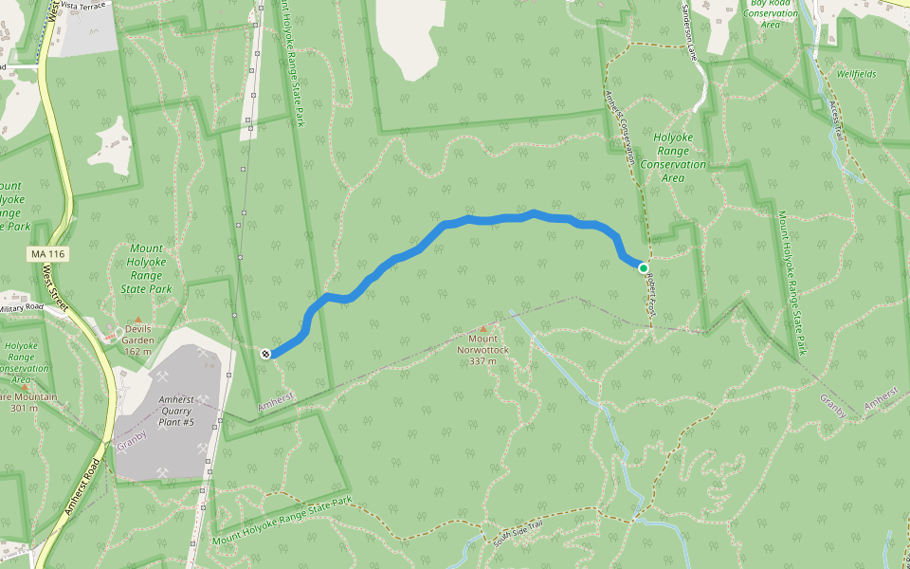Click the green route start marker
coord(644,267)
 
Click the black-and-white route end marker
coord(265,354)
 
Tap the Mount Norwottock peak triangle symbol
coord(482,328)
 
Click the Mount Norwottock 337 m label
coord(482,349)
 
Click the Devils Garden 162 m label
coord(138,340)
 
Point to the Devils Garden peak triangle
coord(137,320)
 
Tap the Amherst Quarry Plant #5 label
coord(176,411)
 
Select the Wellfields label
coord(856,74)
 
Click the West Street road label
coord(56,289)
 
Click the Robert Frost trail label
coord(650,290)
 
